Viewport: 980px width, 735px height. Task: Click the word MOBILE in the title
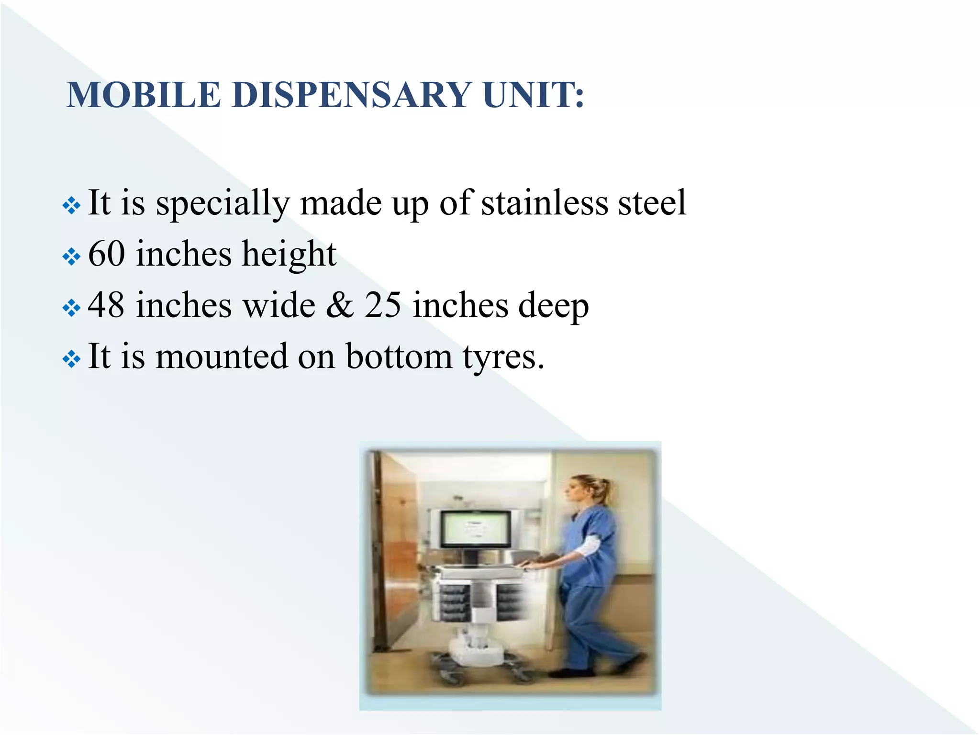coord(144,95)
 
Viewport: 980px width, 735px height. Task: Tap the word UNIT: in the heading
coord(533,95)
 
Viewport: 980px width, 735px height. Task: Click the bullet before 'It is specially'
coord(71,206)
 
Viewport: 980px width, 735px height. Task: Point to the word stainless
coord(545,203)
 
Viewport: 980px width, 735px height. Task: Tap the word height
coord(289,255)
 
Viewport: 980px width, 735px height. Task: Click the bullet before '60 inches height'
coord(71,257)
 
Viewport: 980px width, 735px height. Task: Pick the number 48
coord(106,305)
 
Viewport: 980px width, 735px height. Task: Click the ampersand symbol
coord(340,305)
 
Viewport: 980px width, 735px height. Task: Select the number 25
coord(383,305)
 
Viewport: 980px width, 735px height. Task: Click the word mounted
coord(222,357)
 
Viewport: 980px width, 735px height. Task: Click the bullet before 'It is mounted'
coord(71,359)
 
